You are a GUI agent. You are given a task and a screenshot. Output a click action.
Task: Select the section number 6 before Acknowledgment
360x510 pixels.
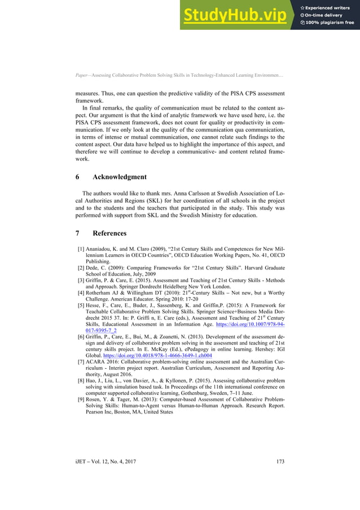coord(77,177)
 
